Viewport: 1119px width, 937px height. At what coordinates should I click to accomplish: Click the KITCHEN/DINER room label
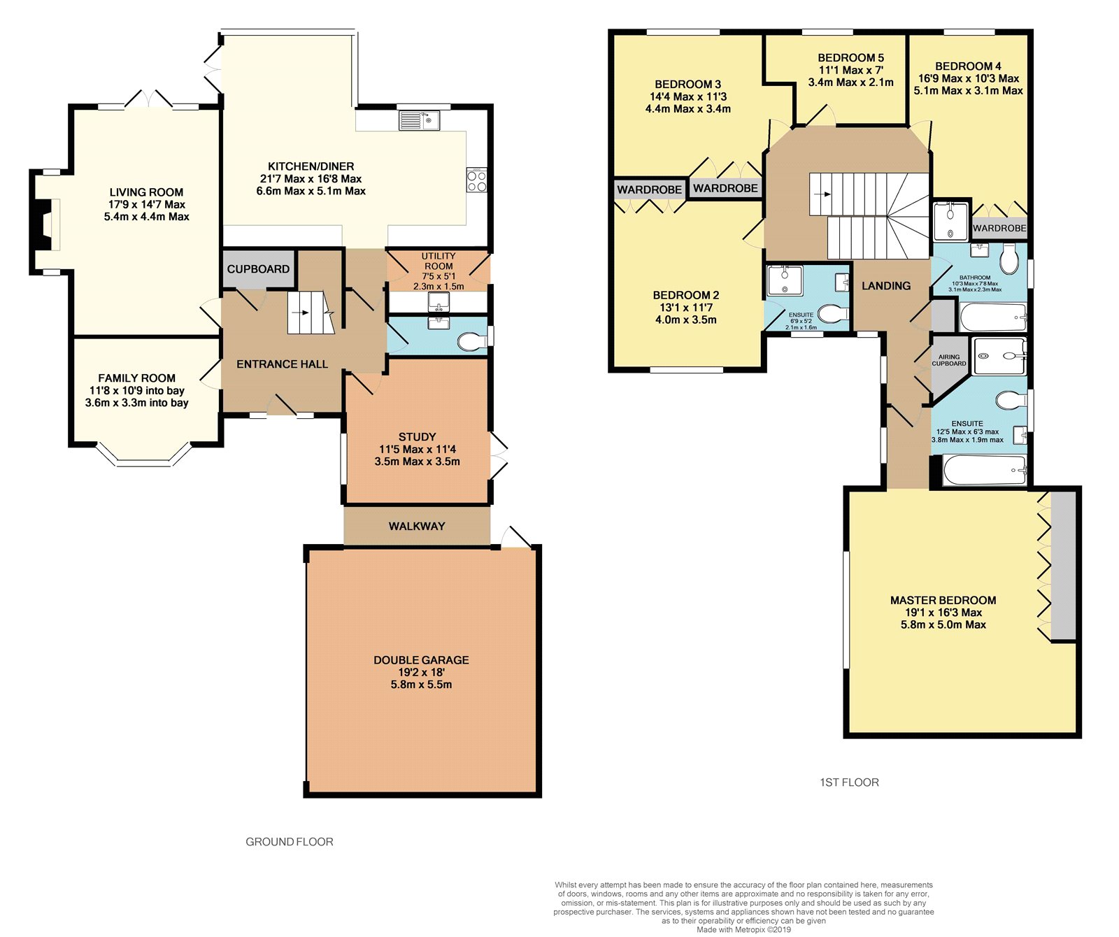pyautogui.click(x=311, y=166)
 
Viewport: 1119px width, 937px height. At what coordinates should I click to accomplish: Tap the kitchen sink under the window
pyautogui.click(x=419, y=121)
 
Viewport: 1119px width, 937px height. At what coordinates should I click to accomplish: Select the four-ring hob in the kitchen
pyautogui.click(x=477, y=180)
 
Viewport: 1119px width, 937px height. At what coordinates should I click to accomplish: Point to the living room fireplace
pyautogui.click(x=47, y=224)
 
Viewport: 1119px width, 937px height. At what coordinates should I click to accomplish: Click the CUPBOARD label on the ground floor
pyautogui.click(x=258, y=269)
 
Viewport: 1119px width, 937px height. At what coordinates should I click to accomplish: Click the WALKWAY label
pyautogui.click(x=417, y=527)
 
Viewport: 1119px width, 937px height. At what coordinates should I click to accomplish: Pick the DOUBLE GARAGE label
pyautogui.click(x=421, y=660)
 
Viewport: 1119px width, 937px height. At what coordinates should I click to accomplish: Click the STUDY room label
pyautogui.click(x=418, y=437)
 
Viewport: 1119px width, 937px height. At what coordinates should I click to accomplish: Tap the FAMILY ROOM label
pyautogui.click(x=137, y=378)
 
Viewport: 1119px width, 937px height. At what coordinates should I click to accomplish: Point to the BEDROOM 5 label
pyautogui.click(x=851, y=58)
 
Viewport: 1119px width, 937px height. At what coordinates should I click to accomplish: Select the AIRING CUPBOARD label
pyautogui.click(x=949, y=360)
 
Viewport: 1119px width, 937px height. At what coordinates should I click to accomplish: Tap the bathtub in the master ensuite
pyautogui.click(x=985, y=471)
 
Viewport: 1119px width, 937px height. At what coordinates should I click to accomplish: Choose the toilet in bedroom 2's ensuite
pyautogui.click(x=832, y=314)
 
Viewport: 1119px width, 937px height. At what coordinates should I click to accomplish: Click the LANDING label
pyautogui.click(x=886, y=286)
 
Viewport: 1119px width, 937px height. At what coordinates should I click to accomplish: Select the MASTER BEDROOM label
pyautogui.click(x=943, y=601)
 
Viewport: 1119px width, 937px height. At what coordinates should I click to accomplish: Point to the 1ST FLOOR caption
pyautogui.click(x=849, y=782)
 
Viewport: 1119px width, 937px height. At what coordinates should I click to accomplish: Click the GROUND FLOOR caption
pyautogui.click(x=290, y=842)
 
